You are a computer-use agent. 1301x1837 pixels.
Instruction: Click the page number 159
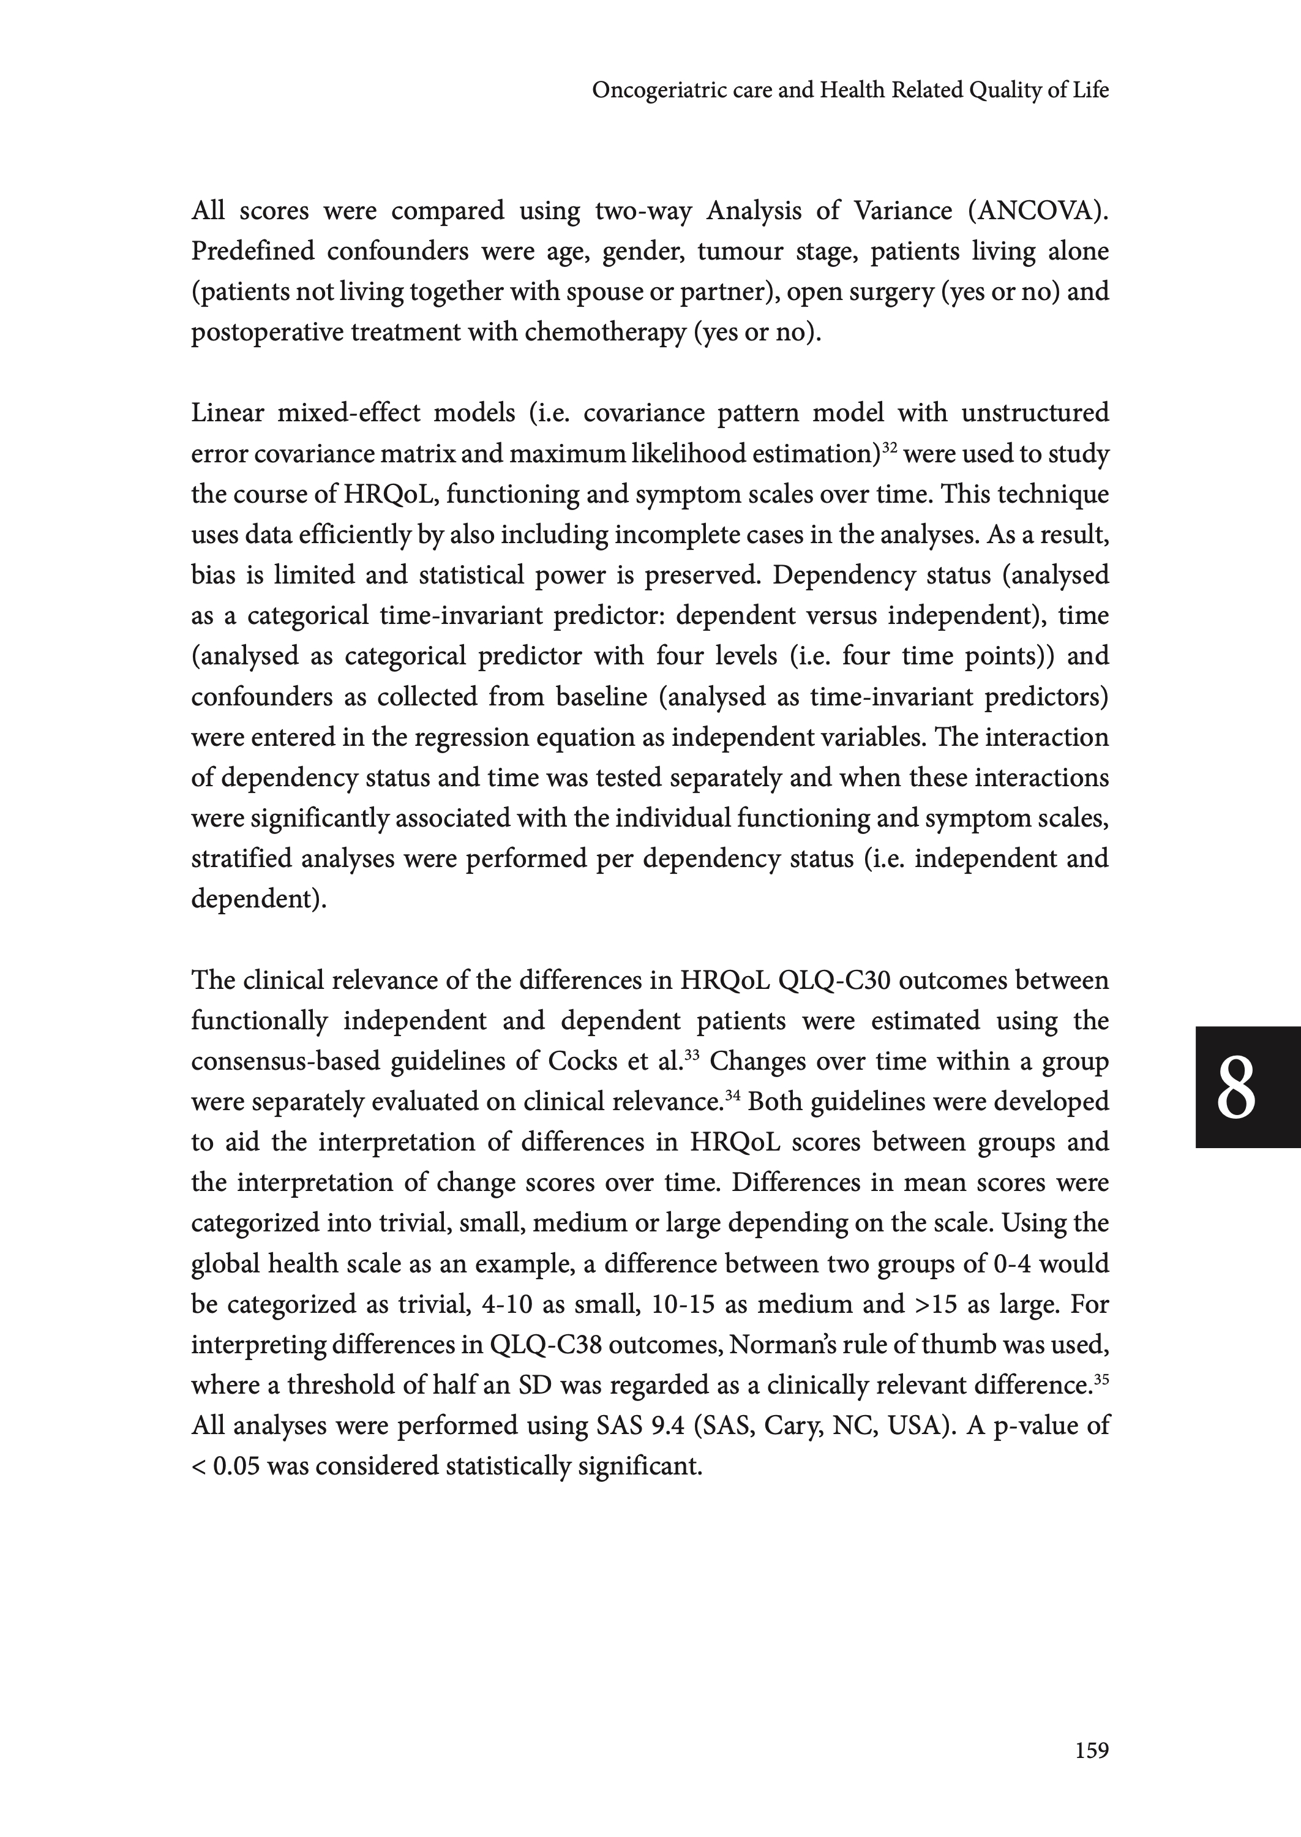[x=1091, y=1751]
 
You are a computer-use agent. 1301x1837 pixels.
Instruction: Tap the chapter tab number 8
[x=1235, y=1088]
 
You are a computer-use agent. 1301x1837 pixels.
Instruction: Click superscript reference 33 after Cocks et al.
[x=692, y=1054]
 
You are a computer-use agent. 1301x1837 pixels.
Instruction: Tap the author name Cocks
[x=582, y=1062]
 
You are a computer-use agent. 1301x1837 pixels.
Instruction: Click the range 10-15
[x=683, y=1304]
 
